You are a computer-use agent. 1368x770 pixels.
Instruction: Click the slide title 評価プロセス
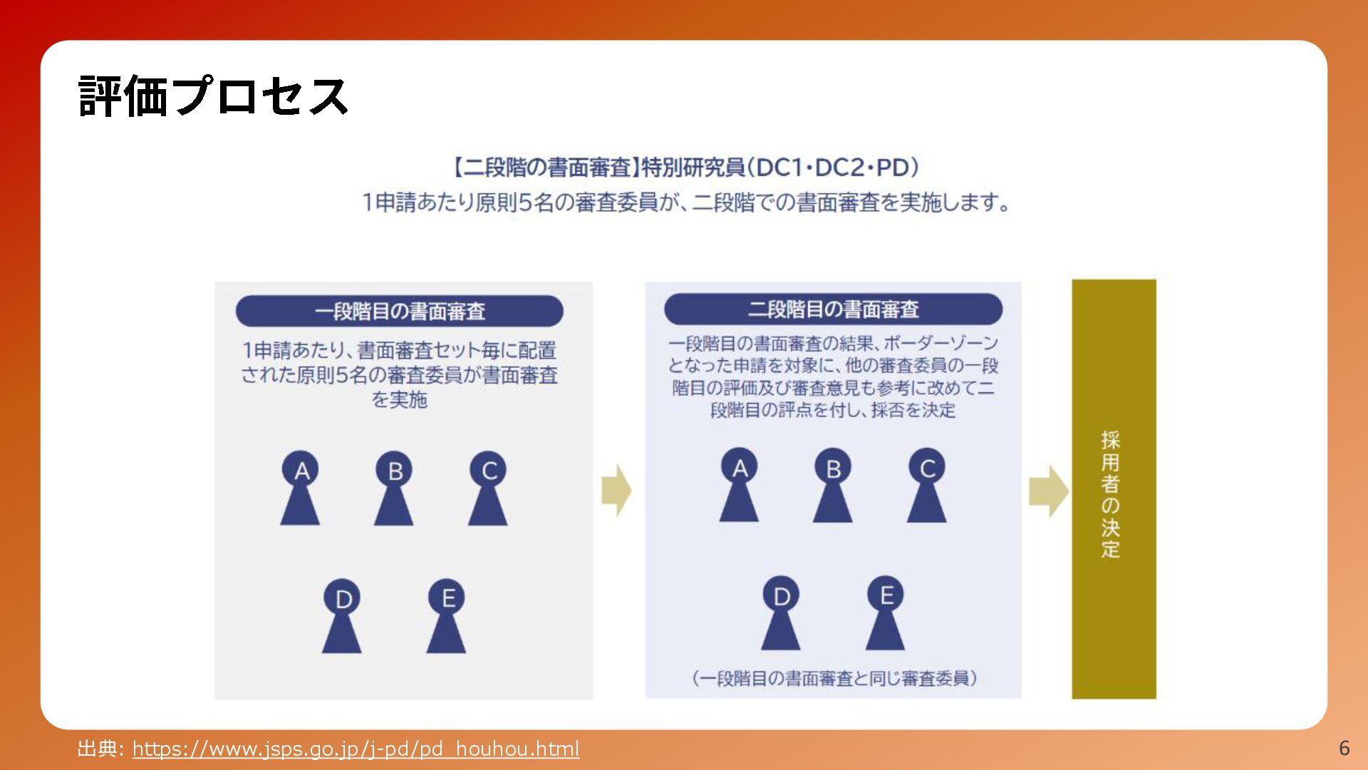212,96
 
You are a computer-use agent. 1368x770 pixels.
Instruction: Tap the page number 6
1344,748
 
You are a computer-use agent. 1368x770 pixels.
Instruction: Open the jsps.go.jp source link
356,749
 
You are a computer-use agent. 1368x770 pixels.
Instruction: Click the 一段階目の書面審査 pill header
399,312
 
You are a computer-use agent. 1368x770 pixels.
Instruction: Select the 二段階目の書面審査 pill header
833,309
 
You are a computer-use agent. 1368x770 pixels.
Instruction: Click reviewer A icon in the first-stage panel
301,488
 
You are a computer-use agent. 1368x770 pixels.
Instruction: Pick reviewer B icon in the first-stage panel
394,488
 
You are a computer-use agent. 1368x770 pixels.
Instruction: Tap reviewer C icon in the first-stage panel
488,488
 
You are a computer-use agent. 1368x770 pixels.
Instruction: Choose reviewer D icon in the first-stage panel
342,616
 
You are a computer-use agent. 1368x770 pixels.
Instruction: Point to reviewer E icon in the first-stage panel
447,615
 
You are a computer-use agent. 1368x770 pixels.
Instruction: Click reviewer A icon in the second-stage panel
740,486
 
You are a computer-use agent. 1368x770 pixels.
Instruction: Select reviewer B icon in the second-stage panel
833,486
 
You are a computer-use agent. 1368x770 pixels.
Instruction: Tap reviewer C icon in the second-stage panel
927,486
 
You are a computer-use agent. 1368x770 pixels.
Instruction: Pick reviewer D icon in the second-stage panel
781,613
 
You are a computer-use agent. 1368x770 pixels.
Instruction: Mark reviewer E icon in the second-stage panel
886,612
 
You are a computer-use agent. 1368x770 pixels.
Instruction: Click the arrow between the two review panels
616,491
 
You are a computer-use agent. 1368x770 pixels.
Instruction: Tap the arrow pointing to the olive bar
1048,491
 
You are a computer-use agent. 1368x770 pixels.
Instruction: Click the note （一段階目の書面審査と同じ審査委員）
834,678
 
